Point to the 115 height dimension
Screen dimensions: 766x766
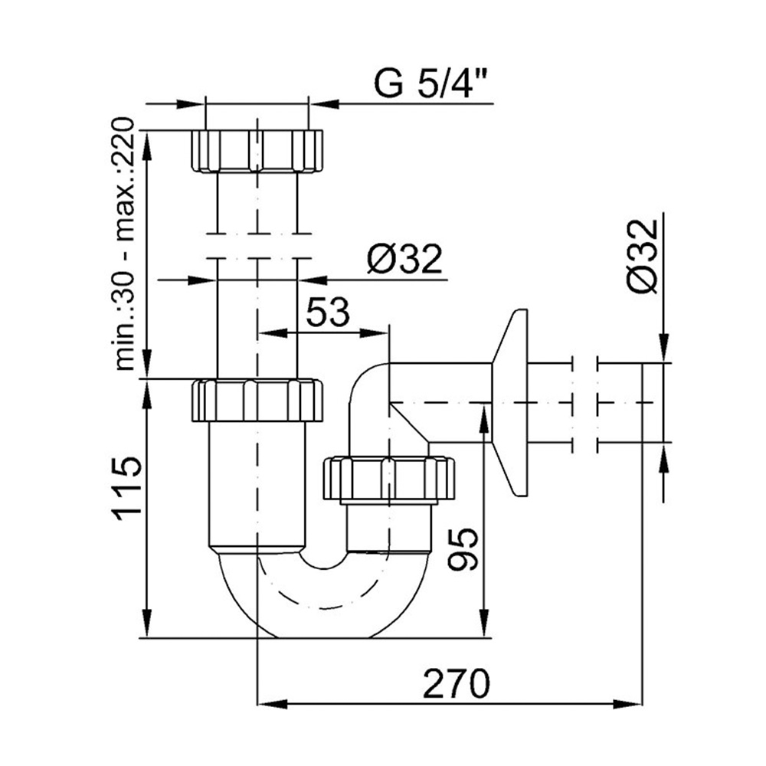tap(128, 491)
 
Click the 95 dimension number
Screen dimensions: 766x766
tap(463, 549)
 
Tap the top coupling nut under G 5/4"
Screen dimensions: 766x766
tap(257, 151)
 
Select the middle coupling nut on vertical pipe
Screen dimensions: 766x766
tap(257, 400)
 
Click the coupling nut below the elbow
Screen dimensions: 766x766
tap(389, 479)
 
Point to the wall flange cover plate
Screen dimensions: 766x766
tap(509, 403)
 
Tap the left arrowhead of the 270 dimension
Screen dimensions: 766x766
tap(271, 704)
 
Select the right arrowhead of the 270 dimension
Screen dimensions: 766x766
tap(627, 704)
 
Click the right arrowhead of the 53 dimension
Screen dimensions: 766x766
tap(375, 333)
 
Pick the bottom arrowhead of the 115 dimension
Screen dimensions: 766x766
tap(146, 624)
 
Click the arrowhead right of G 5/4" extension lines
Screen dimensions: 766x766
tap(323, 103)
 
